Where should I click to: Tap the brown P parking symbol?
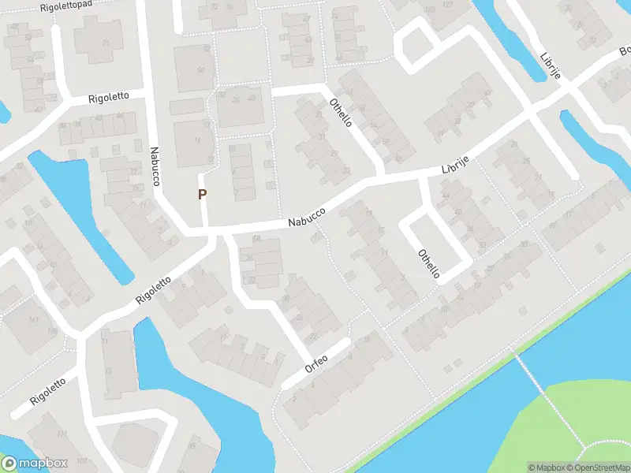pyautogui.click(x=203, y=194)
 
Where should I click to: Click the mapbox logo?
pyautogui.click(x=35, y=464)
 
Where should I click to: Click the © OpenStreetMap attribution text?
pyautogui.click(x=604, y=467)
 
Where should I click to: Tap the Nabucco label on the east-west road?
pyautogui.click(x=307, y=216)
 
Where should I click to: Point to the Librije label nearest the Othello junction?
pyautogui.click(x=455, y=165)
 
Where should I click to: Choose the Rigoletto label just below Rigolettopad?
pyautogui.click(x=109, y=99)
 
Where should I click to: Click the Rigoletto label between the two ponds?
pyautogui.click(x=153, y=291)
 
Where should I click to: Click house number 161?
pyautogui.click(x=33, y=319)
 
